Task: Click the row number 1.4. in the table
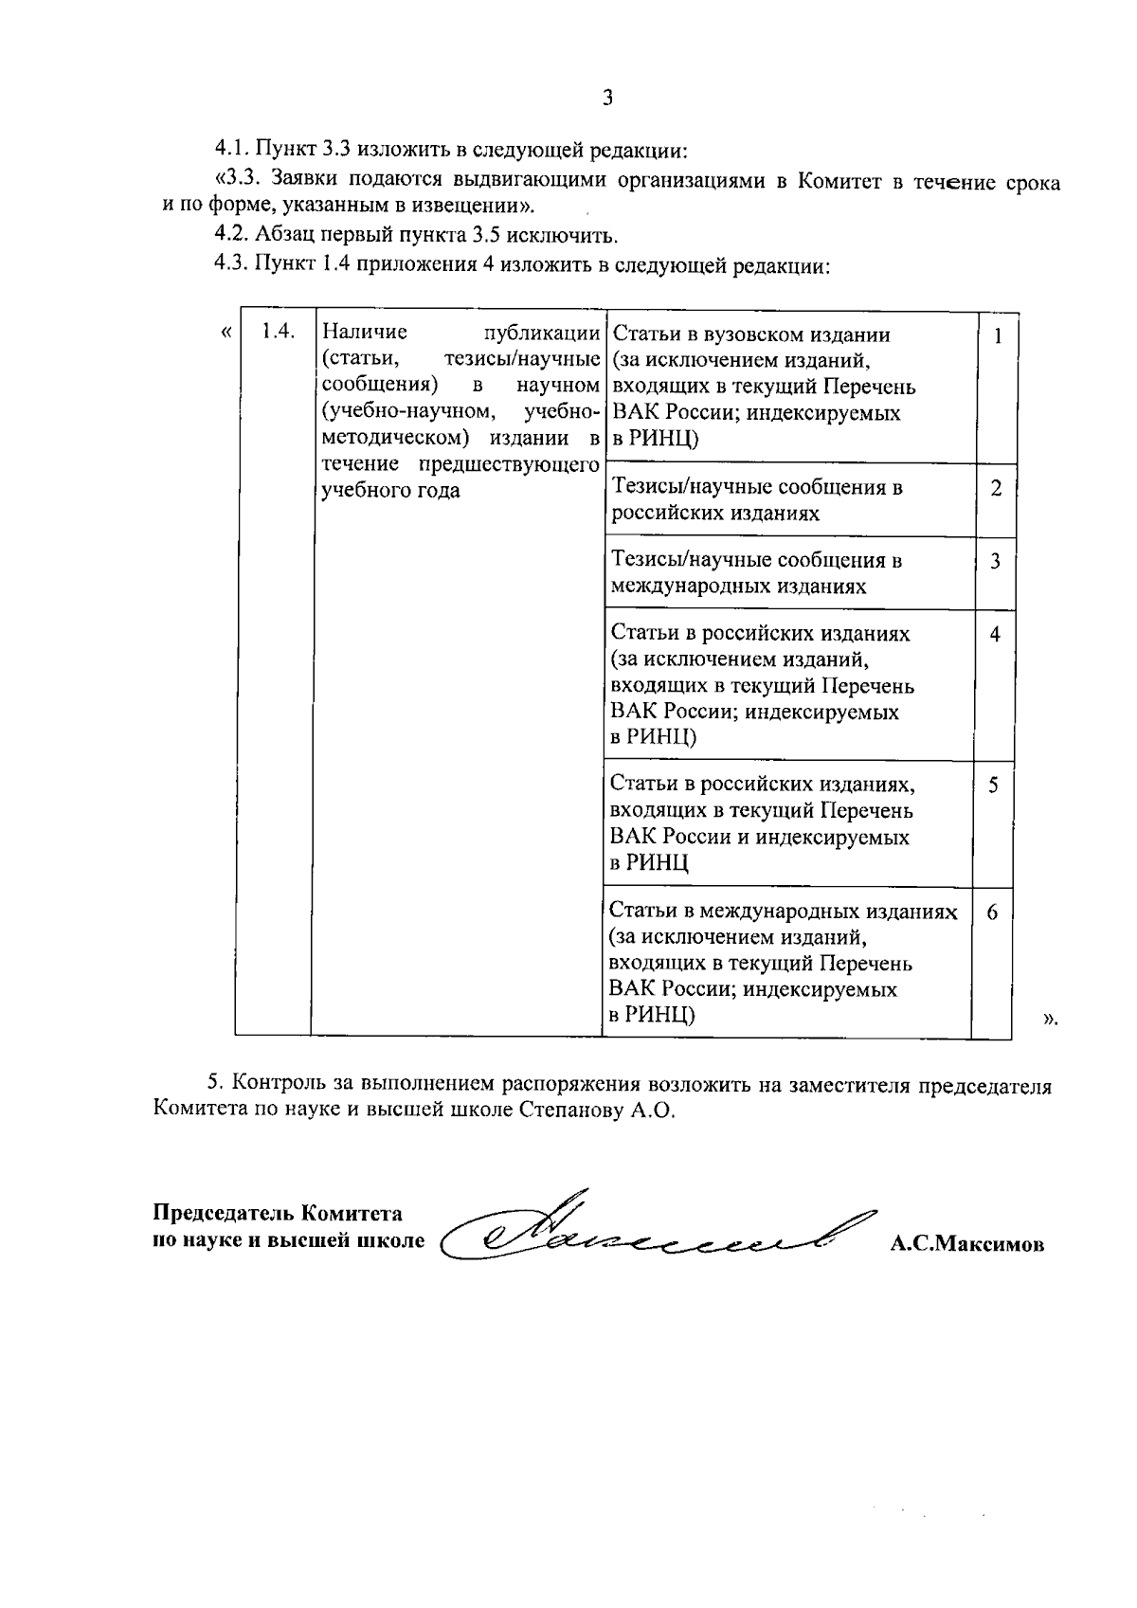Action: point(278,331)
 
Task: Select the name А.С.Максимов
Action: point(966,1244)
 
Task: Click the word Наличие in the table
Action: point(365,333)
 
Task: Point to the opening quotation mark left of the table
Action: point(226,332)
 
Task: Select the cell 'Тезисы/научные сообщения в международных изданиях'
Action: point(755,573)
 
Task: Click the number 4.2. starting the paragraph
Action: point(232,236)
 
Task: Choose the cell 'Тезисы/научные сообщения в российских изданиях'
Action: point(755,500)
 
